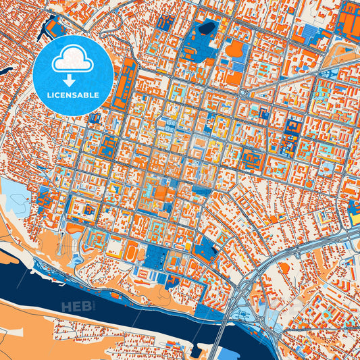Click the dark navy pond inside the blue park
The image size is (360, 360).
click(206, 28)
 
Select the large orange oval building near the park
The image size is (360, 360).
click(236, 49)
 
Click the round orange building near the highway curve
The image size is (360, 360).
click(284, 268)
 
